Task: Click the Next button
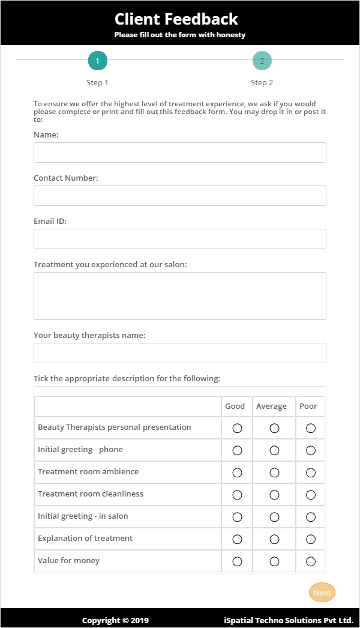coord(322,593)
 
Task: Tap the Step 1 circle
coord(98,61)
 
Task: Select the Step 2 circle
coord(262,61)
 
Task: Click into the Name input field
coord(180,152)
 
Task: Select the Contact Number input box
coord(180,196)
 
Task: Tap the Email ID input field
coord(180,239)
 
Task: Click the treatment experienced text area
coord(180,296)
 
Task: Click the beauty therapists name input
coord(180,353)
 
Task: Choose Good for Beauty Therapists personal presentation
coord(237,428)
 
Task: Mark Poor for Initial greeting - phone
coord(311,450)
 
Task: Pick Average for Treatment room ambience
coord(274,473)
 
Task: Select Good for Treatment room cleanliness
coord(237,495)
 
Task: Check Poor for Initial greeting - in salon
coord(311,517)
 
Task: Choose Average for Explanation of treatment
coord(274,539)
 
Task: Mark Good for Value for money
coord(237,561)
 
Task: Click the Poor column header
coord(308,406)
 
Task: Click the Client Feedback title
coord(176,19)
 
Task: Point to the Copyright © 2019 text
coord(115,620)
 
